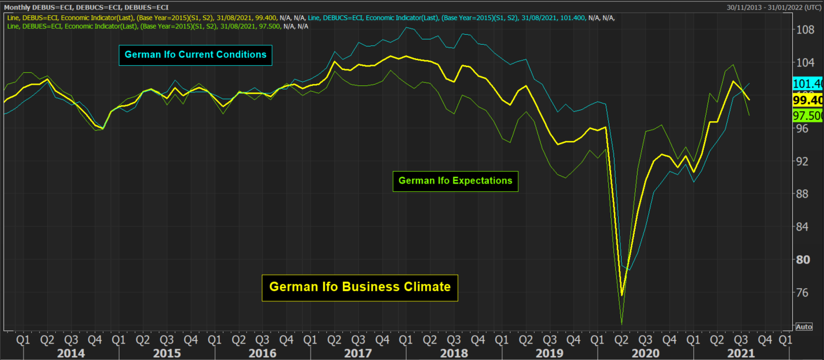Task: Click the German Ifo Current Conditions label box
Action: [x=195, y=55]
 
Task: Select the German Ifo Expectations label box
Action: [x=455, y=181]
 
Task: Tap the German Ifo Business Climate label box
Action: [x=360, y=287]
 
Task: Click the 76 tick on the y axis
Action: [x=804, y=292]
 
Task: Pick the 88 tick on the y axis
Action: [x=804, y=194]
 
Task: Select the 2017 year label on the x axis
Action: [x=358, y=353]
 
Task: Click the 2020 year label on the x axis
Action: [x=645, y=353]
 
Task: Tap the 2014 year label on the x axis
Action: [x=71, y=353]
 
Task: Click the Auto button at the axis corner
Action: [x=803, y=326]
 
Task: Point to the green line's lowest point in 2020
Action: [x=622, y=324]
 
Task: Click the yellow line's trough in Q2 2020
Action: [x=622, y=295]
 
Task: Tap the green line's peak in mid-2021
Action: [x=733, y=65]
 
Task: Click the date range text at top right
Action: [x=774, y=7]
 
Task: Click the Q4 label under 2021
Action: [x=765, y=339]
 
